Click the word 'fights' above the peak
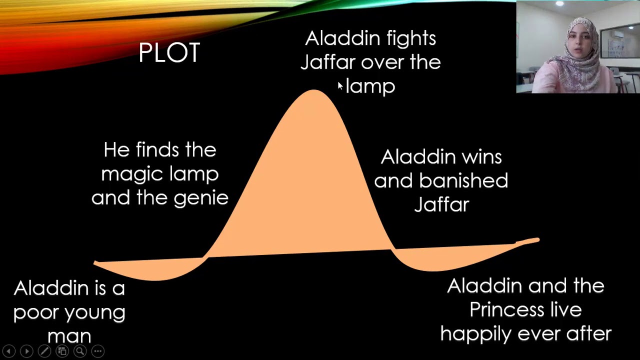[411, 38]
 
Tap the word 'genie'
[201, 198]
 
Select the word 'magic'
[131, 174]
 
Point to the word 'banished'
[463, 180]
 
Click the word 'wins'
[481, 157]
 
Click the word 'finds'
[157, 149]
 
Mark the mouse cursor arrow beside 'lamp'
[340, 86]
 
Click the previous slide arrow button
[8, 351]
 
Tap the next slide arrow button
[26, 351]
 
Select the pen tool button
[44, 351]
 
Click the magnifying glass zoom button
[80, 351]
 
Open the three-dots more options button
[97, 351]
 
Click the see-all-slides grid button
[62, 351]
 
